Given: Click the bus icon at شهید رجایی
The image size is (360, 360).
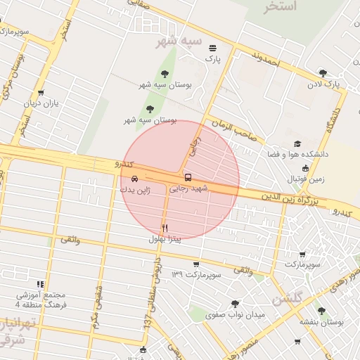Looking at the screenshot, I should coord(187,177).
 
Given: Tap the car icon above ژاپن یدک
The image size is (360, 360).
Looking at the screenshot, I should coord(134,178).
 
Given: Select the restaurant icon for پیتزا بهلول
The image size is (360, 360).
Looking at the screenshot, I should coord(165,227).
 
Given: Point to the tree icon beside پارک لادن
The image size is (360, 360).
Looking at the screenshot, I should coord(323,72).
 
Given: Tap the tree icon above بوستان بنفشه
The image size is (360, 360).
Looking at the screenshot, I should coord(321,309).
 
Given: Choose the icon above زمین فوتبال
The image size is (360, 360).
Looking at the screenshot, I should coord(304,168).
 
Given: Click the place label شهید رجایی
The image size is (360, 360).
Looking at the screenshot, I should coord(190,189).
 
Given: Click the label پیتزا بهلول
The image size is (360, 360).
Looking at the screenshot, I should coord(165,239).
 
